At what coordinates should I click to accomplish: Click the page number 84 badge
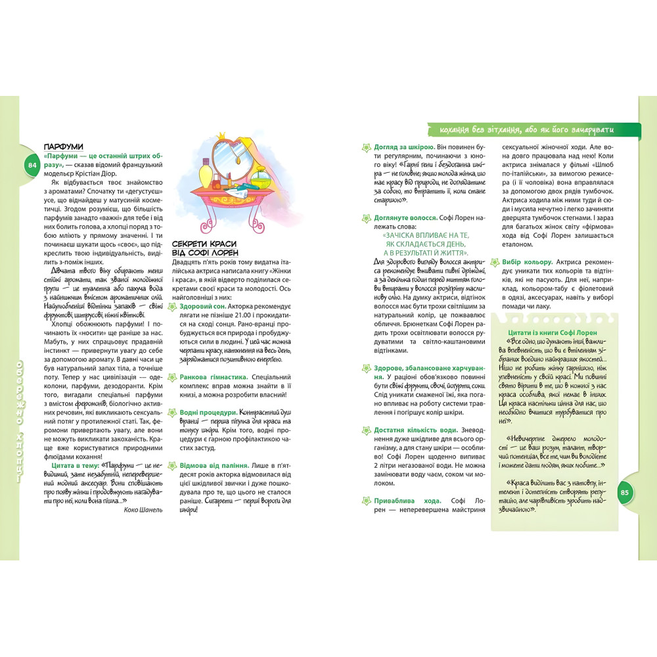click(32, 166)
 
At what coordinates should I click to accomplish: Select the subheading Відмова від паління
click(214, 464)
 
